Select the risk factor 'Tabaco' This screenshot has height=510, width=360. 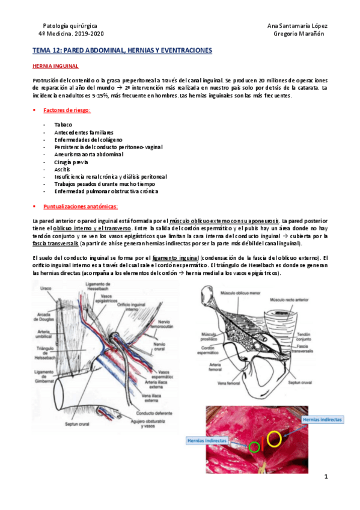[x=63, y=124]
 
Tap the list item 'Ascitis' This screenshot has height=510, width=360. [x=62, y=169]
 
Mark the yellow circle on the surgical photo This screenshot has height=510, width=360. [x=275, y=438]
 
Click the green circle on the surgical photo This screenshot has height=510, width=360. [x=254, y=447]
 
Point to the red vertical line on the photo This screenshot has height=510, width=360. [x=264, y=444]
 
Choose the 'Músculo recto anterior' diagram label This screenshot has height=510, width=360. [x=294, y=299]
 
